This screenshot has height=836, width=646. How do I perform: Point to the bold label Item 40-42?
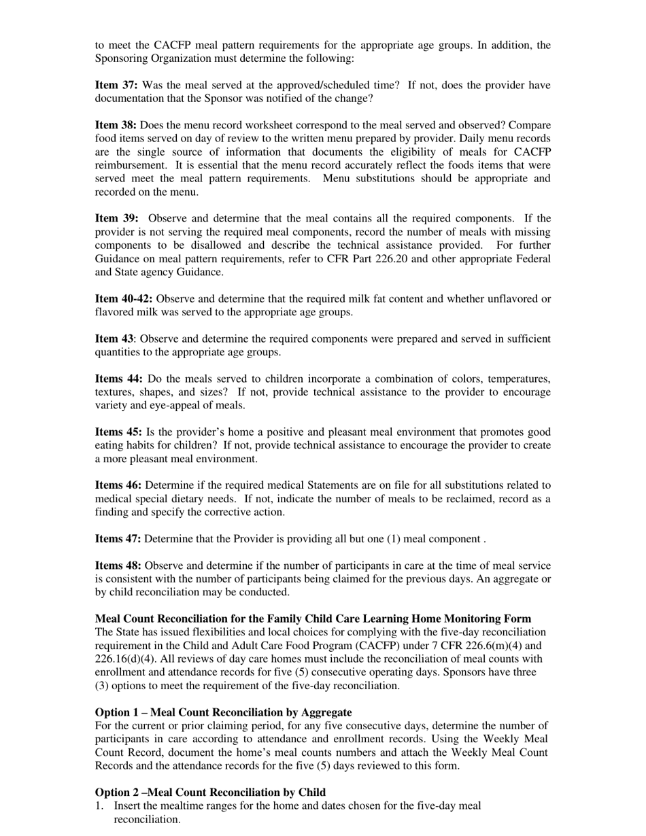tap(124, 298)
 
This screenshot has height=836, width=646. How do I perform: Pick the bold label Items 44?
tap(118, 379)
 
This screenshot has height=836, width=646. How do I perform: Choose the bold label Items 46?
tap(118, 485)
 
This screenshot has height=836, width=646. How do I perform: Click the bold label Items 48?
tap(118, 565)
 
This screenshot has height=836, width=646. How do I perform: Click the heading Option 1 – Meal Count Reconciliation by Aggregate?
tap(223, 712)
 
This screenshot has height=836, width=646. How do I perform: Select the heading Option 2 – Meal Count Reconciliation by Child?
tap(210, 793)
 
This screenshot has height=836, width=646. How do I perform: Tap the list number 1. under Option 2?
tap(99, 805)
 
